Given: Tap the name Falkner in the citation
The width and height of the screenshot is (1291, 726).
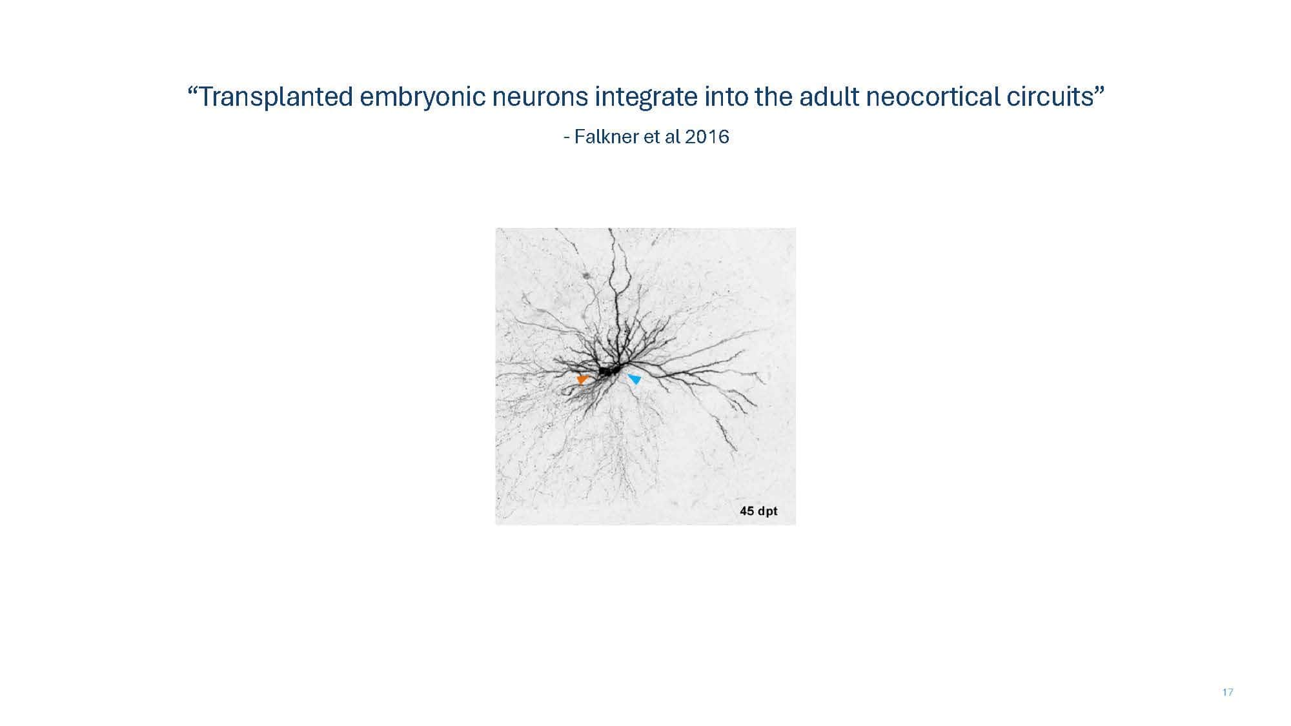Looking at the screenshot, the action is click(607, 137).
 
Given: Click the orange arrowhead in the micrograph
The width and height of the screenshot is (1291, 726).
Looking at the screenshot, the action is click(582, 379).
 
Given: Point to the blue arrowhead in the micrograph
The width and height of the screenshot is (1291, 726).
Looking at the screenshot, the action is click(635, 379).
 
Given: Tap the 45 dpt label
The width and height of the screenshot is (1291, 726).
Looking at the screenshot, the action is click(758, 511).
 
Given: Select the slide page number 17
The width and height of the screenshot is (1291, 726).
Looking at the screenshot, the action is click(1228, 692).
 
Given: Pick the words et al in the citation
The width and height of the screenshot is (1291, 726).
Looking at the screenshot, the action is click(662, 137).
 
